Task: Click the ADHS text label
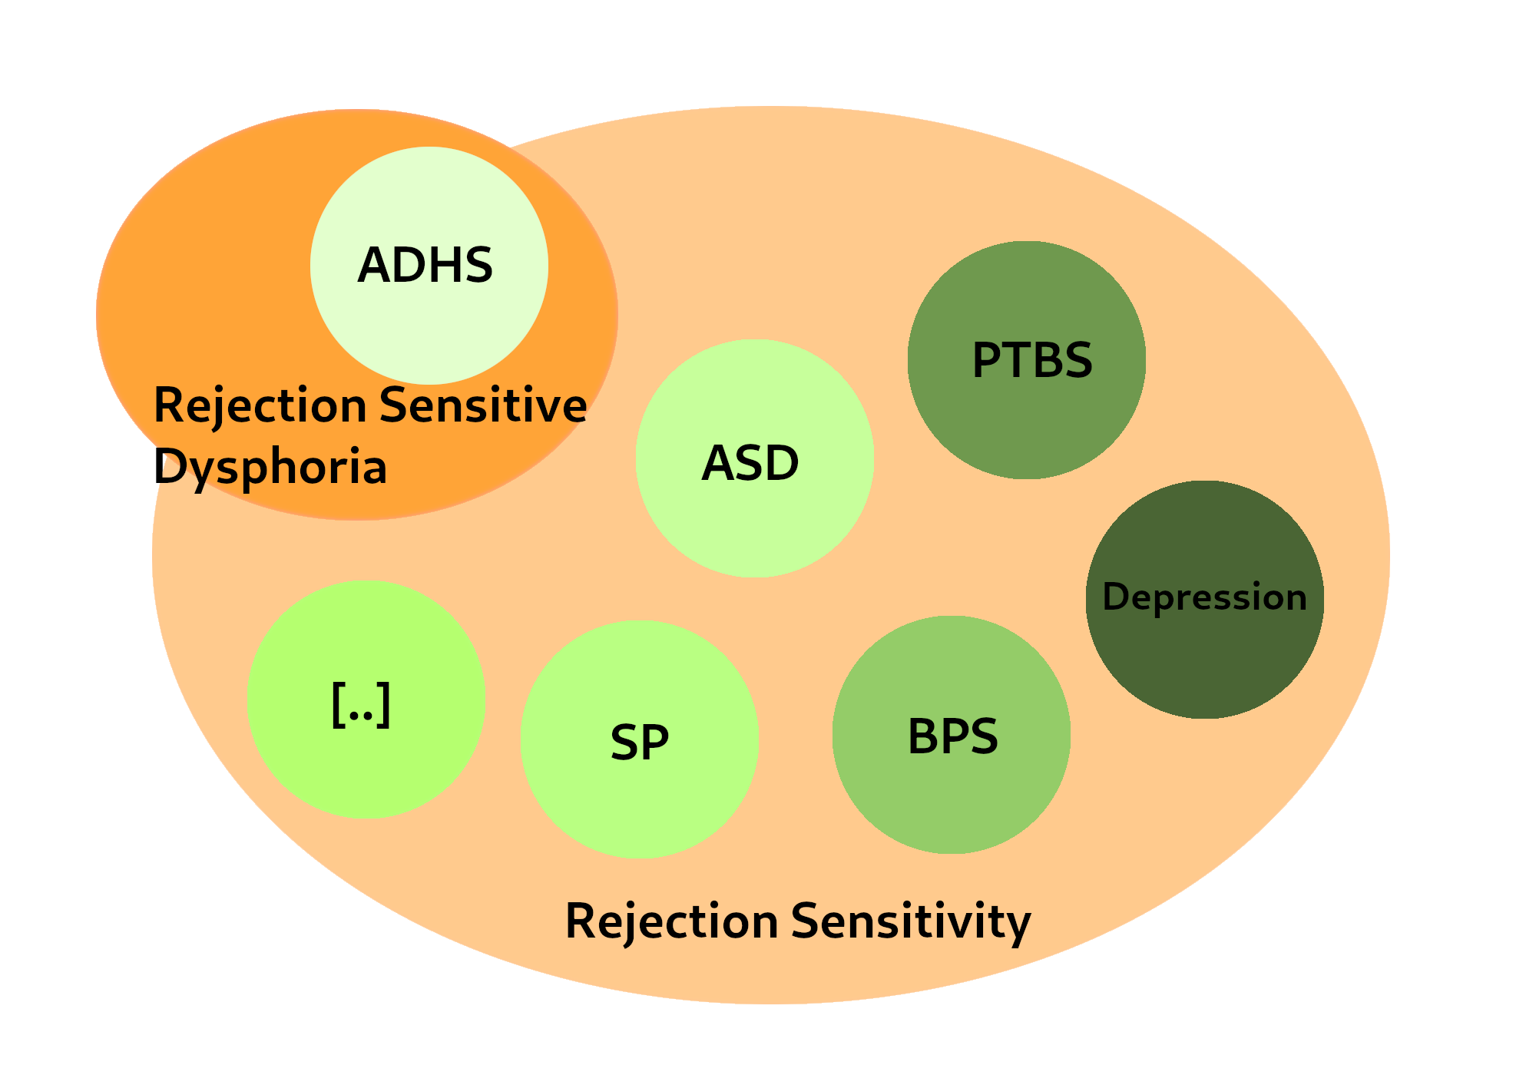(425, 265)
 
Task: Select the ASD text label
(750, 463)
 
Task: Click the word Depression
(1204, 597)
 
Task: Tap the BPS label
(953, 736)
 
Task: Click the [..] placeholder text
(361, 703)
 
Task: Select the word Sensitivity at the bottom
(911, 921)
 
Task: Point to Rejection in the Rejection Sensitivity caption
(672, 921)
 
